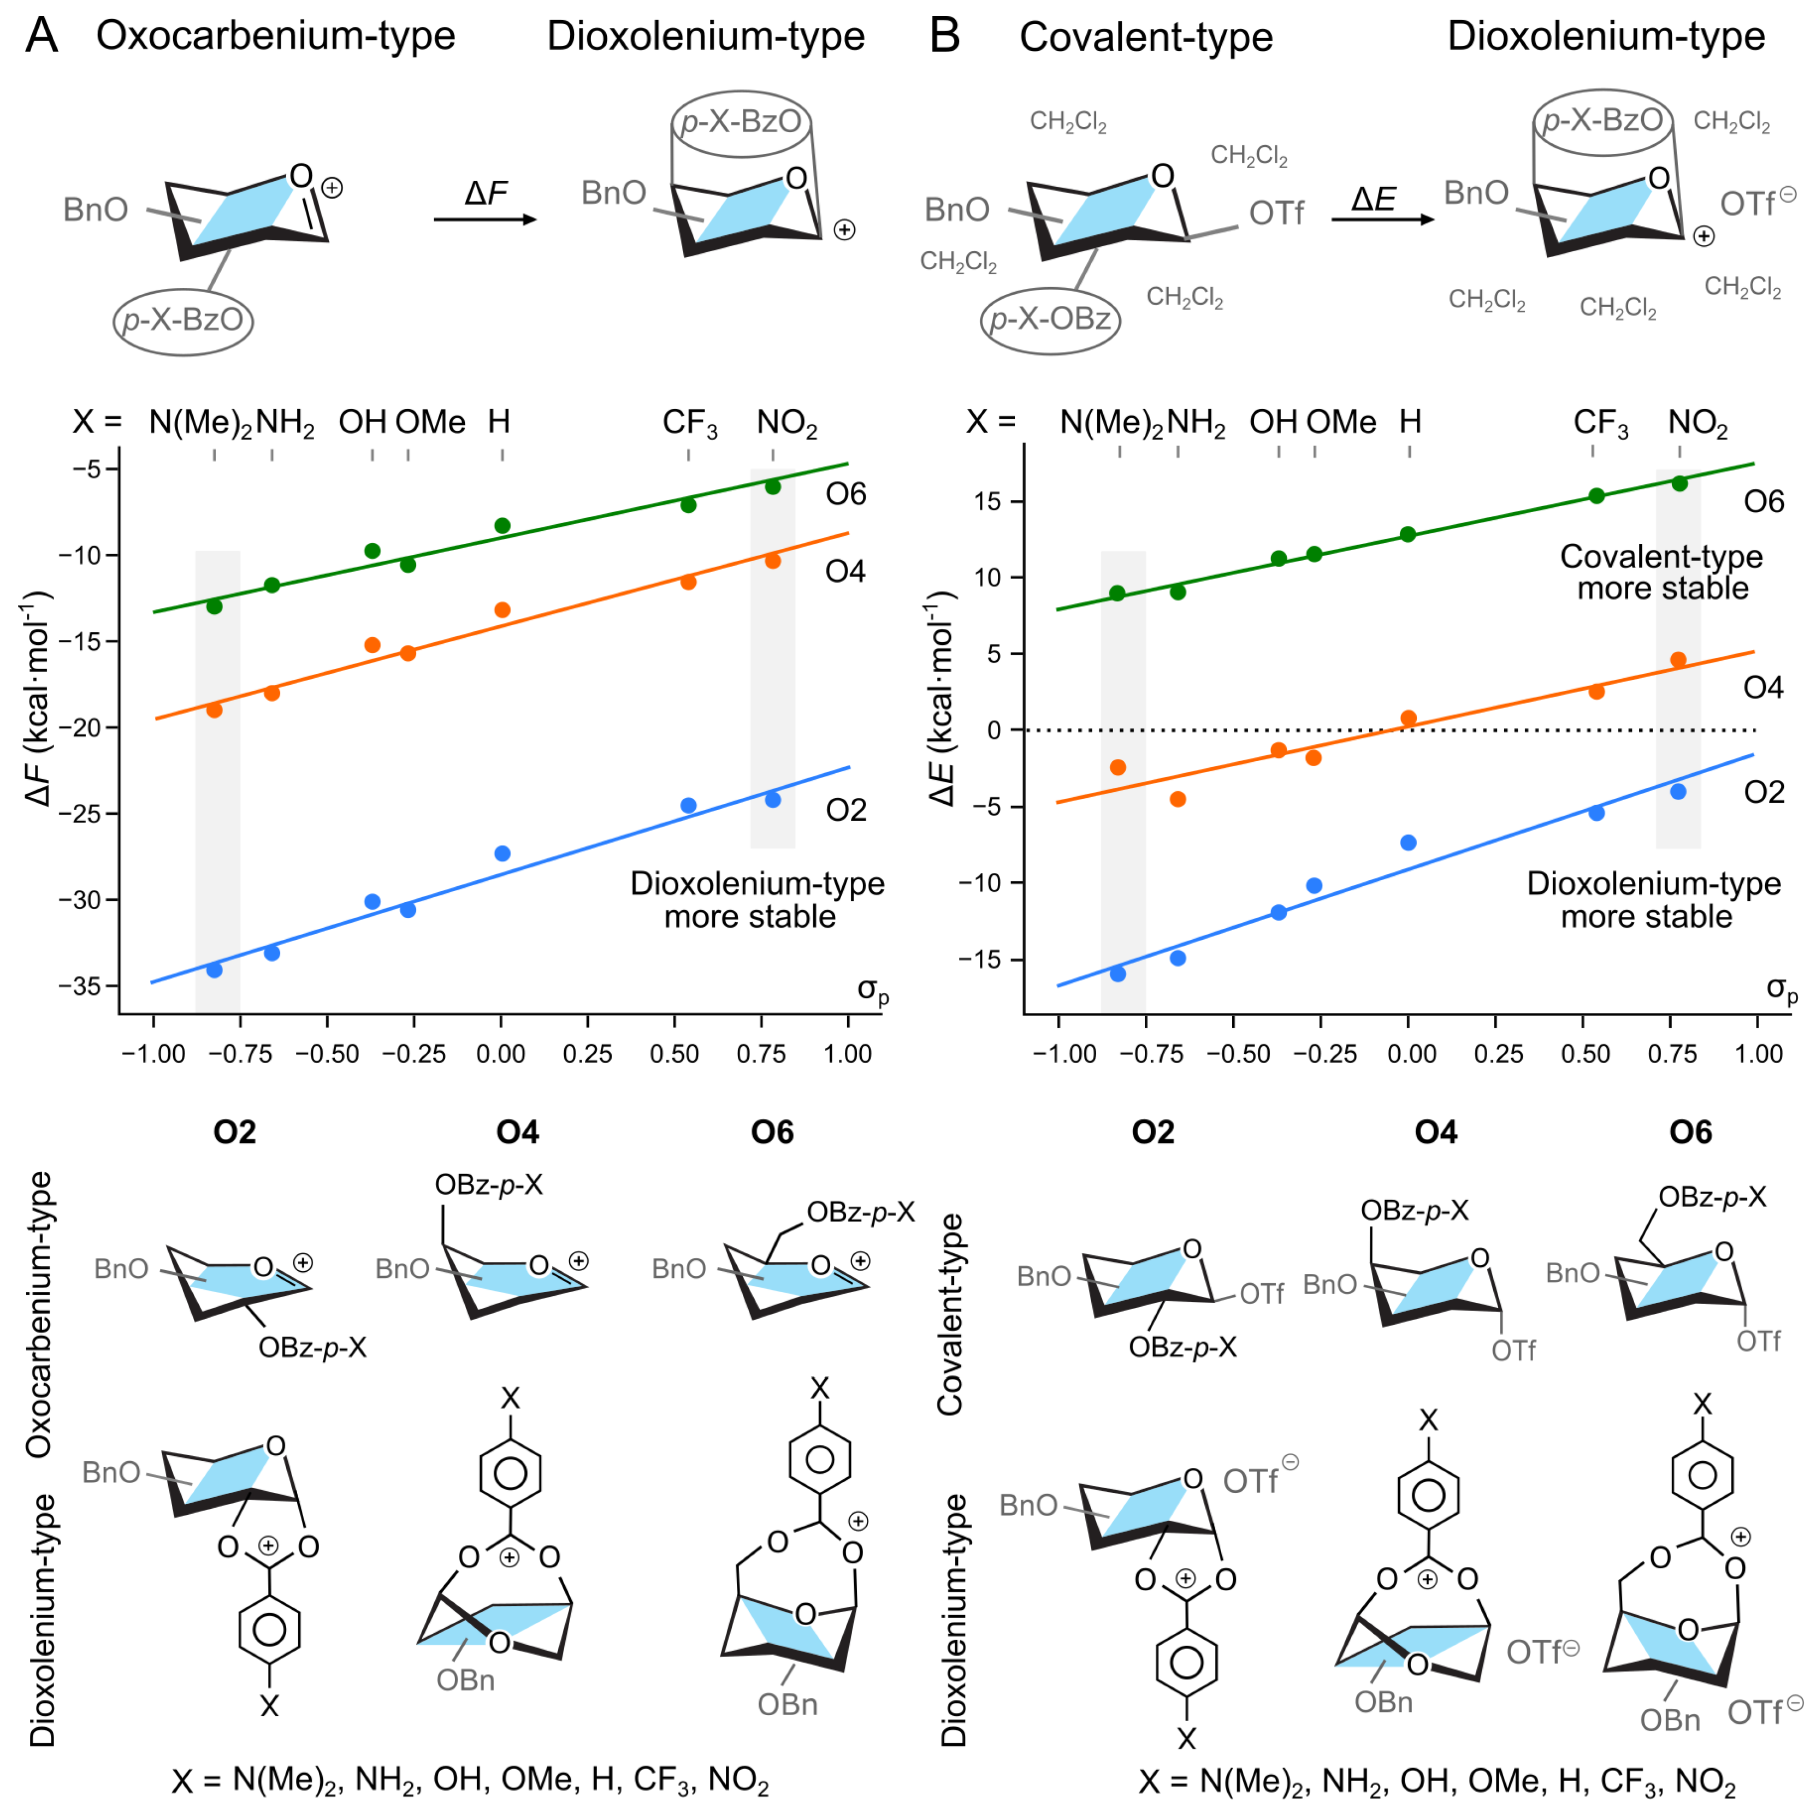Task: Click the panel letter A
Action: tap(42, 35)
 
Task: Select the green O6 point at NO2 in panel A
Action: tap(773, 487)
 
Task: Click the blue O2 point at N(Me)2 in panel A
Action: tap(214, 970)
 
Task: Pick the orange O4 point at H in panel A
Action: tap(502, 610)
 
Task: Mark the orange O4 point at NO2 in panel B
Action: tap(1678, 660)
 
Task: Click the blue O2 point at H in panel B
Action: tap(1408, 843)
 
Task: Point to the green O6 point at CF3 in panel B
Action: tap(1596, 495)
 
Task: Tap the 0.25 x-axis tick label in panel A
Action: tap(588, 1054)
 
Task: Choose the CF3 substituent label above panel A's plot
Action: tap(689, 424)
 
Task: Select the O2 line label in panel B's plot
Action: tap(1764, 792)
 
